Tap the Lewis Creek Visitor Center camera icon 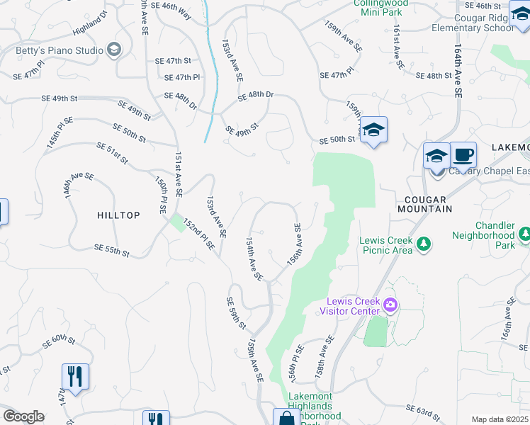[390, 305]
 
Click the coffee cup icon [463, 154]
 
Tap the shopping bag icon [286, 418]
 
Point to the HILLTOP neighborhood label [119, 215]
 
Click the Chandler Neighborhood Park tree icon [524, 234]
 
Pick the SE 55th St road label [112, 250]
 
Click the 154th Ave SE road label [254, 258]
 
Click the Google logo [23, 416]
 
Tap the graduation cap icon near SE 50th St [373, 130]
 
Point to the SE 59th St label [235, 313]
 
